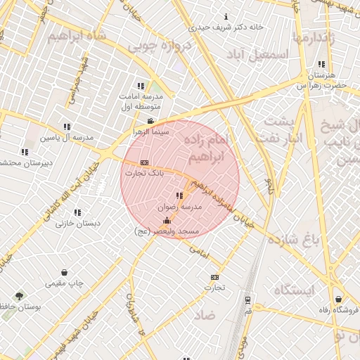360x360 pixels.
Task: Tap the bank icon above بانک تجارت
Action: [x=145, y=162]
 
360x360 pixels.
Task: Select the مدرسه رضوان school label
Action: [x=182, y=207]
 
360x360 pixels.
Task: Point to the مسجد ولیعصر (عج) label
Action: [x=167, y=231]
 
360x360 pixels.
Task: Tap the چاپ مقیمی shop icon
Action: [x=65, y=272]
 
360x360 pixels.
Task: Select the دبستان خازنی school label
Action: [x=78, y=222]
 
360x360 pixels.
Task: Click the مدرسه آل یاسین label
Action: [x=67, y=138]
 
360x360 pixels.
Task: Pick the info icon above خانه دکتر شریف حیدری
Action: [x=226, y=16]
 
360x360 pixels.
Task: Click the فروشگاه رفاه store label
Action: [x=338, y=310]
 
